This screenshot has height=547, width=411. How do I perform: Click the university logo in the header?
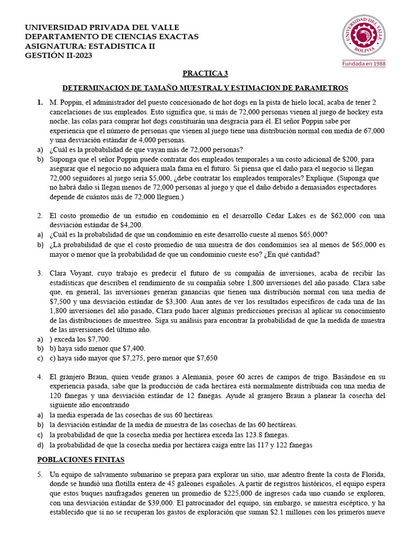coord(364,35)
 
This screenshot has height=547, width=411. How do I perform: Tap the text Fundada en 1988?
coord(364,63)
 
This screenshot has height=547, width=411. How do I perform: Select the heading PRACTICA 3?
coord(205,74)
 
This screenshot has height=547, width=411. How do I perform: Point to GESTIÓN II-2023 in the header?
coord(55,56)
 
